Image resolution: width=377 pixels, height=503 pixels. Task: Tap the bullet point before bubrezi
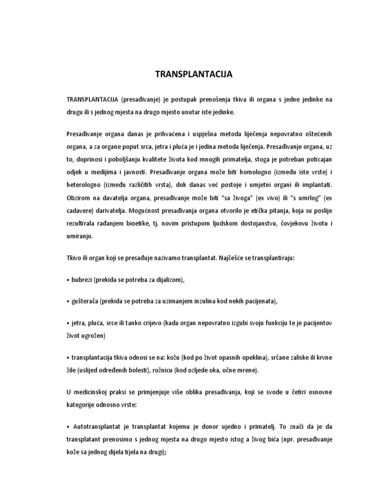coord(67,279)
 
